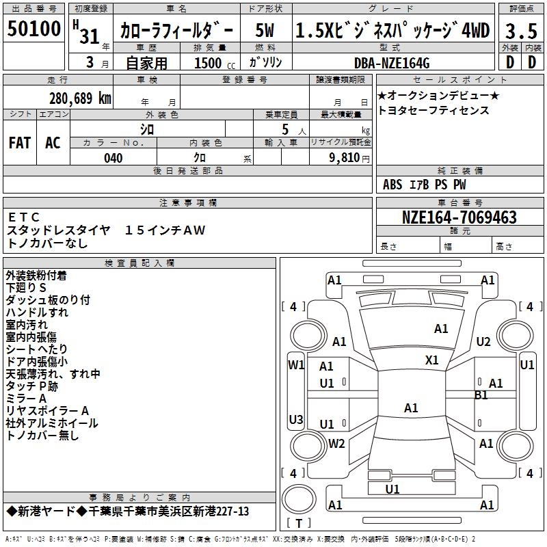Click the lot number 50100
point(34,29)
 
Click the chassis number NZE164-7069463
point(459,218)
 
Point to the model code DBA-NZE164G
point(391,64)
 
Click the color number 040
point(113,158)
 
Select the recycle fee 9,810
point(345,158)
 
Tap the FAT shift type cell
point(19,143)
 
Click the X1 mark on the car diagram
point(432,360)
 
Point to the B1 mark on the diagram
point(481,395)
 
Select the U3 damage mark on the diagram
point(296,419)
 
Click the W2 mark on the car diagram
point(336,444)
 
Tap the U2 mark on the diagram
point(483,342)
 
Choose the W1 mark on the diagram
point(296,364)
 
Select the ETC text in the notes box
point(25,217)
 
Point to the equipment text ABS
point(392,185)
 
